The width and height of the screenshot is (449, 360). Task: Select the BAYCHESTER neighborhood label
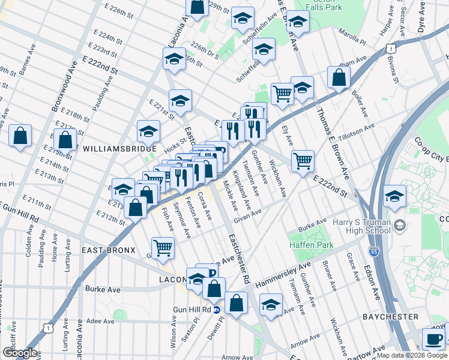(x=390, y=316)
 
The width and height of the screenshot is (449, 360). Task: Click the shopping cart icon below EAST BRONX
(x=163, y=247)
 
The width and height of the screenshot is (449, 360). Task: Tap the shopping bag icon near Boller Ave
(x=339, y=77)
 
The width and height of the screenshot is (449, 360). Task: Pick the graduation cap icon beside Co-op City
(x=395, y=196)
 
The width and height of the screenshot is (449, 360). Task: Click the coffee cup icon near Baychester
(x=433, y=338)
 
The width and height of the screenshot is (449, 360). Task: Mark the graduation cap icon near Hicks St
(x=149, y=131)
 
